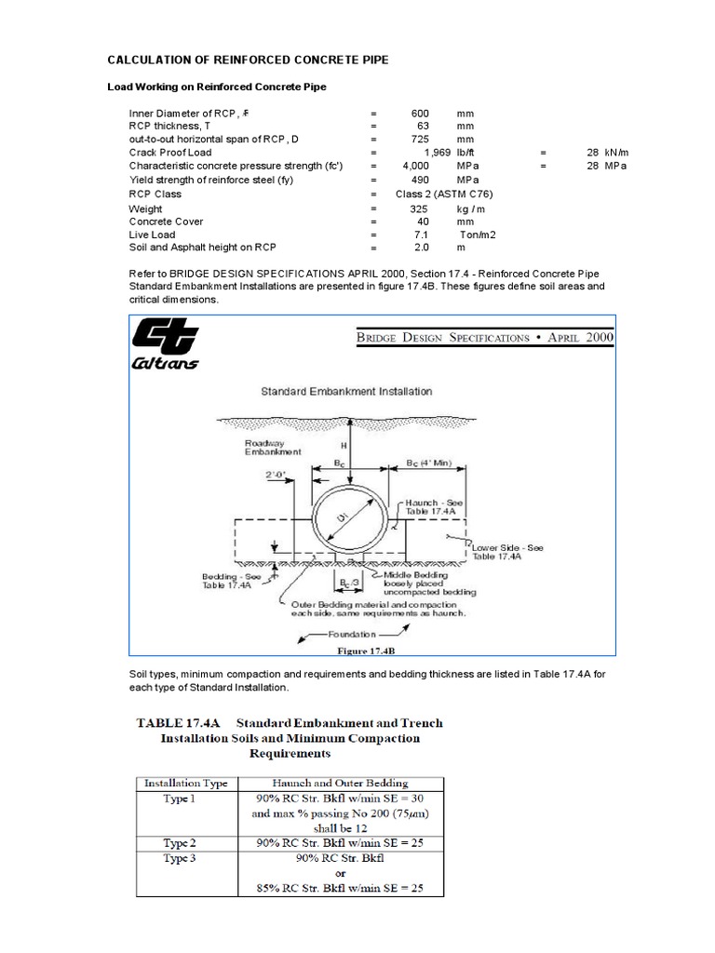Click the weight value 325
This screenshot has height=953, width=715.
click(419, 209)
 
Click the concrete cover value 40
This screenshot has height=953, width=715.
click(421, 222)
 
